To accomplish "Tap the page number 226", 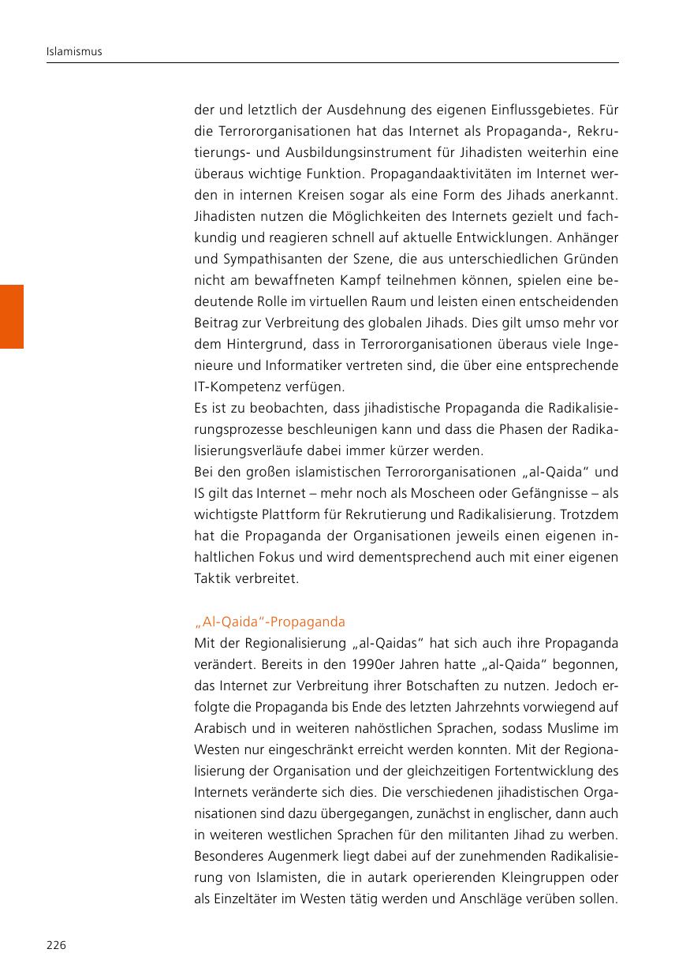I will [56, 945].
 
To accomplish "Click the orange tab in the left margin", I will [12, 316].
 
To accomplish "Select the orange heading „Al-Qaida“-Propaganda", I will [269, 622].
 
